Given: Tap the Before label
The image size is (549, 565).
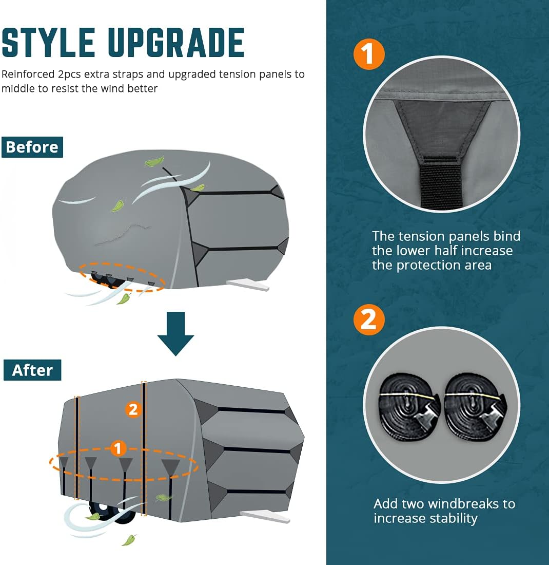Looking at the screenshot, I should [32, 147].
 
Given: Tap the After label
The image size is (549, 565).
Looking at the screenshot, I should [32, 370].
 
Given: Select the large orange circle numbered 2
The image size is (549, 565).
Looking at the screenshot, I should [369, 319].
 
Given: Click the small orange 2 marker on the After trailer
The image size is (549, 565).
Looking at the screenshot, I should [133, 409].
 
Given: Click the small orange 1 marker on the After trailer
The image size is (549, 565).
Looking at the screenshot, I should [119, 448].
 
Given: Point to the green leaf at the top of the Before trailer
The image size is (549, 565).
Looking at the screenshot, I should [154, 162].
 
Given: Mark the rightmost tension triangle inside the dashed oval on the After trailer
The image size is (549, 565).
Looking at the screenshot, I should [170, 466].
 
